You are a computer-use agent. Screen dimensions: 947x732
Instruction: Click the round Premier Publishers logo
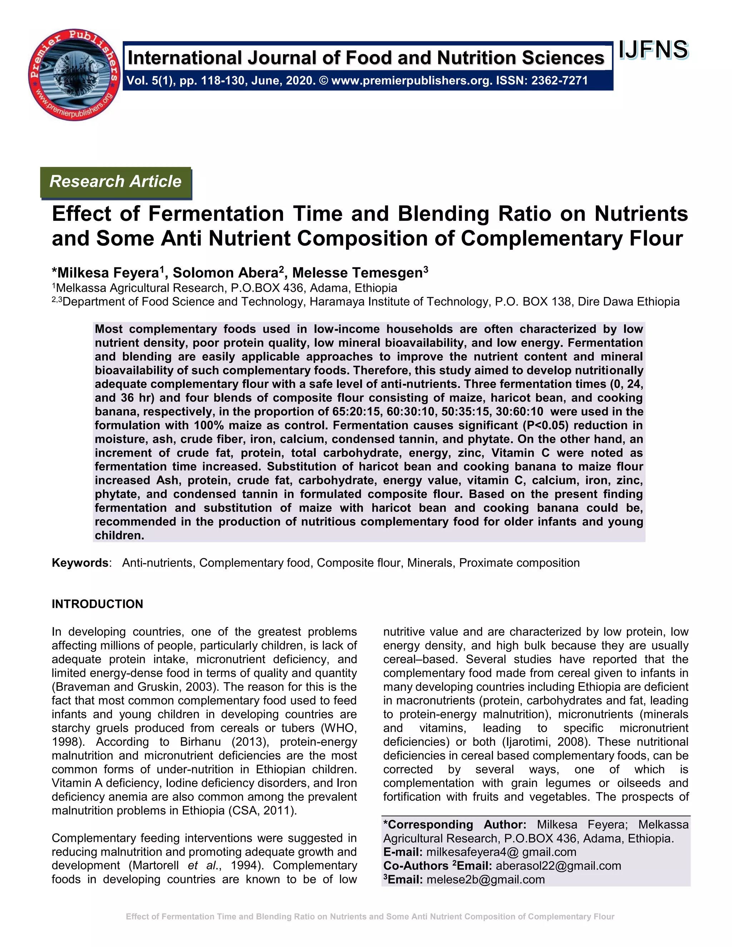coord(74,75)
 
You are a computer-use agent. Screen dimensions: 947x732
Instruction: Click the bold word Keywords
coord(80,563)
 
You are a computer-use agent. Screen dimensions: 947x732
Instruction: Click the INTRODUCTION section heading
coord(97,604)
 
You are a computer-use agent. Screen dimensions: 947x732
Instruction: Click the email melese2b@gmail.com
coord(485,880)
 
